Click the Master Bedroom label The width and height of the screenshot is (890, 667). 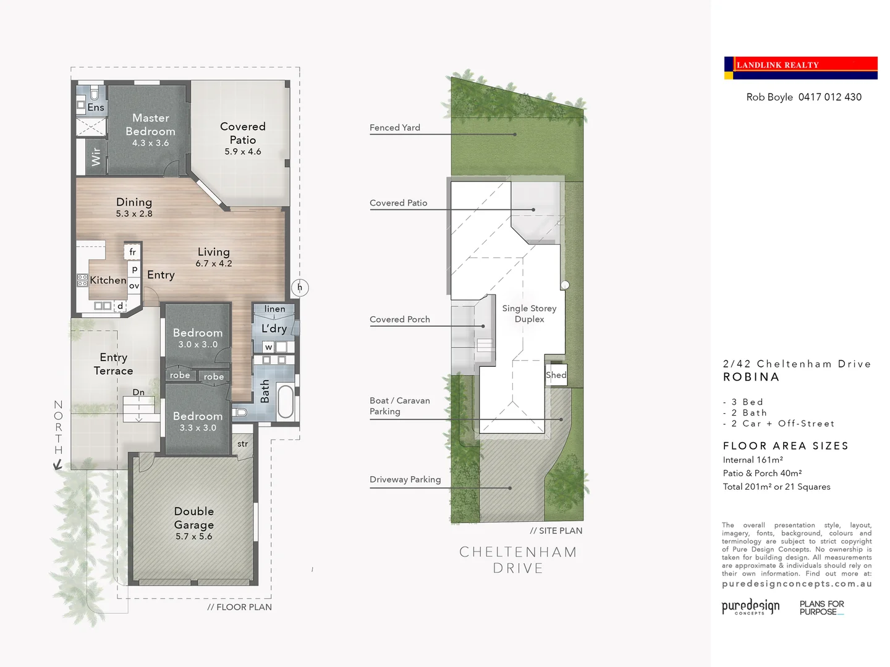pos(150,124)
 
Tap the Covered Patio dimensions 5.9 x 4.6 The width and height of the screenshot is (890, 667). pos(243,152)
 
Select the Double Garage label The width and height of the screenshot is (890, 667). pos(193,518)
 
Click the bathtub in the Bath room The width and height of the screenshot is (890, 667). pos(286,402)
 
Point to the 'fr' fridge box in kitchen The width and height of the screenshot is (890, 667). pos(132,252)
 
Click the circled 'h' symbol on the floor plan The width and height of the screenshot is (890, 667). pos(300,287)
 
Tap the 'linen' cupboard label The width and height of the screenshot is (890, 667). pos(274,309)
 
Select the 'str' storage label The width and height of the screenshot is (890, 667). pos(243,444)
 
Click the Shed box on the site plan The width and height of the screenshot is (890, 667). pos(556,375)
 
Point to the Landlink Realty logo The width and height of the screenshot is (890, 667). pos(800,68)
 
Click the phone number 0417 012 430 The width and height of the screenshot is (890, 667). pos(829,97)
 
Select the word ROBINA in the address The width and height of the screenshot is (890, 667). pos(751,377)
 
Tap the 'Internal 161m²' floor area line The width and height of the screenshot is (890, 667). pos(753,460)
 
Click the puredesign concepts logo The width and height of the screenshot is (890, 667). pos(750,606)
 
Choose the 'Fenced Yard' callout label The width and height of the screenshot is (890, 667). pos(395,128)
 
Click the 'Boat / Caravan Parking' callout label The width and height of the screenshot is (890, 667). pos(399,406)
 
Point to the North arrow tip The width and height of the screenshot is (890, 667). pos(57,468)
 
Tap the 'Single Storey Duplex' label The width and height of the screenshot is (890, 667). pos(529,314)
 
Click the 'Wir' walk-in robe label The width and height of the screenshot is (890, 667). pos(96,156)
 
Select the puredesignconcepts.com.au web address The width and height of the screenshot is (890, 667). pos(797,584)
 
